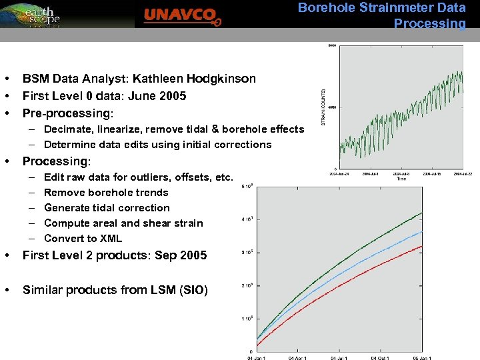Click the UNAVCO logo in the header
click(x=181, y=15)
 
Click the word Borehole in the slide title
click(x=322, y=8)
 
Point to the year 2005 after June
click(x=173, y=96)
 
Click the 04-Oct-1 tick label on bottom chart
click(x=380, y=358)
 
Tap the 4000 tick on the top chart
click(x=331, y=107)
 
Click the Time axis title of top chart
click(x=401, y=179)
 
